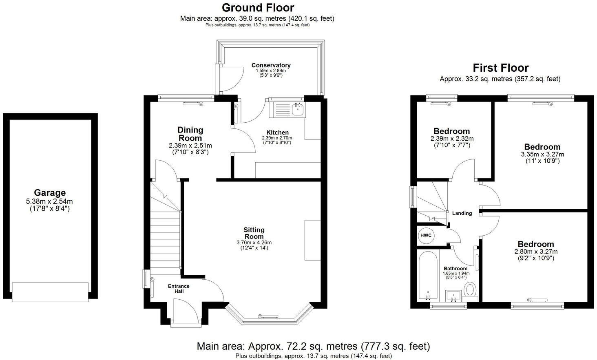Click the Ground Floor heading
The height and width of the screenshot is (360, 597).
point(257,7)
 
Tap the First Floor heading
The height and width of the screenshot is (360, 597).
point(500,68)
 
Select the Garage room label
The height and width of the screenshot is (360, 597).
point(50,192)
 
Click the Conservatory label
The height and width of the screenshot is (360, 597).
point(271,65)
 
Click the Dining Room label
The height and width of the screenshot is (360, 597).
point(190,134)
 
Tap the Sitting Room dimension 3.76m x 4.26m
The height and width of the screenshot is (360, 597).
point(254,242)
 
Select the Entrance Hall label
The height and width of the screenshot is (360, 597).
point(179,289)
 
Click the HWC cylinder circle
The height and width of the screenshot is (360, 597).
point(426,235)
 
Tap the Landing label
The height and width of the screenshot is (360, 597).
point(462,213)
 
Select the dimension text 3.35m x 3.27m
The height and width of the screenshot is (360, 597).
point(542,155)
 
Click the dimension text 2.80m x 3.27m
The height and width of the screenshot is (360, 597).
point(536,252)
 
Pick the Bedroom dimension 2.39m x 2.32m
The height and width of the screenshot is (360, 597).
point(451,139)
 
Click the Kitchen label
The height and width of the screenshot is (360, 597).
point(277,133)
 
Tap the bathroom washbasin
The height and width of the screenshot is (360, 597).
point(453,295)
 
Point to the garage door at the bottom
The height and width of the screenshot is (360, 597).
point(50,292)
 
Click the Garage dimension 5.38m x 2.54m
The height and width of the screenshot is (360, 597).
point(50,201)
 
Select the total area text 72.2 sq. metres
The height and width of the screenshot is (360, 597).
point(313,347)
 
